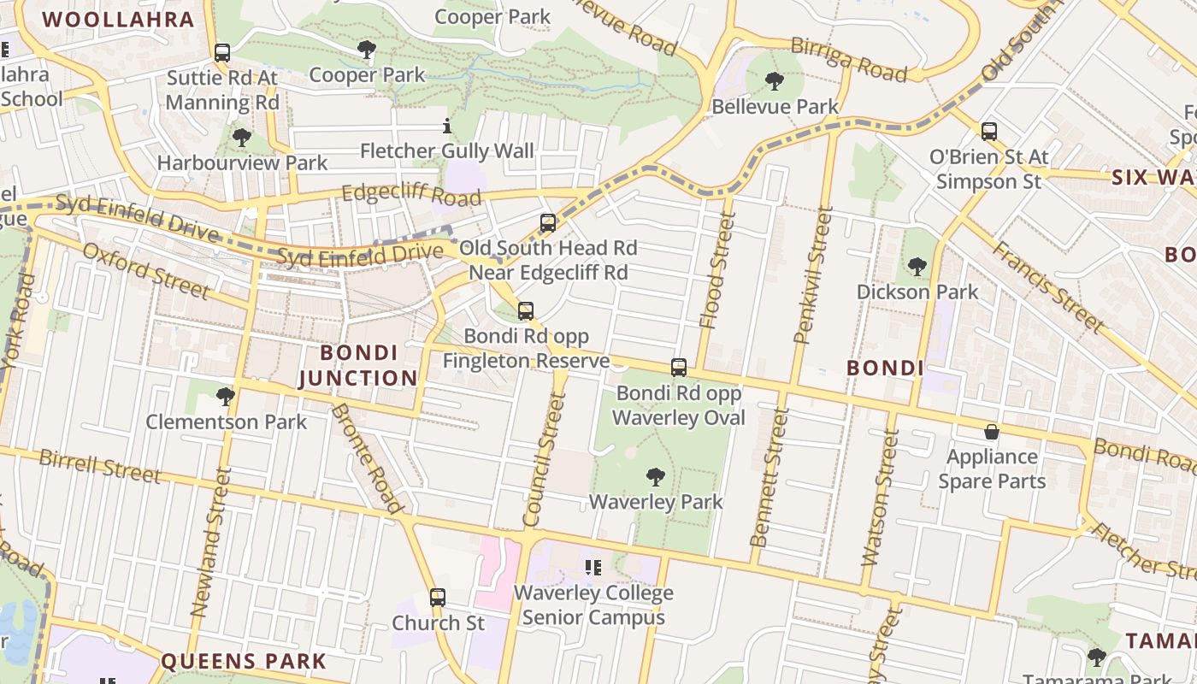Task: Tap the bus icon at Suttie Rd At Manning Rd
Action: click(x=222, y=53)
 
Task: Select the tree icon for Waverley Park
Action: click(x=656, y=477)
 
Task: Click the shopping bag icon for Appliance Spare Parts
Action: click(x=992, y=432)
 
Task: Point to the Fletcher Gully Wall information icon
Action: click(x=446, y=127)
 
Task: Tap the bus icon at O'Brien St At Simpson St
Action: click(x=989, y=132)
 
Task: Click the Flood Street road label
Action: click(x=717, y=270)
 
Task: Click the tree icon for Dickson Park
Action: click(x=917, y=267)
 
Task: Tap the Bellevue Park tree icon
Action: click(x=775, y=82)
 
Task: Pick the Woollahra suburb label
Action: click(x=118, y=20)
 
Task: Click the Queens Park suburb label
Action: click(x=244, y=661)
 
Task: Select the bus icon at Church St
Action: click(x=438, y=598)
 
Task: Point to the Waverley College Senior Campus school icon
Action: click(x=593, y=567)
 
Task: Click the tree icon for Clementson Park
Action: click(x=226, y=397)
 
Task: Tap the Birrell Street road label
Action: click(x=99, y=466)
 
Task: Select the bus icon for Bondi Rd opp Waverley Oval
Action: click(x=679, y=368)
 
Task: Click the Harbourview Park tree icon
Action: click(x=242, y=137)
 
